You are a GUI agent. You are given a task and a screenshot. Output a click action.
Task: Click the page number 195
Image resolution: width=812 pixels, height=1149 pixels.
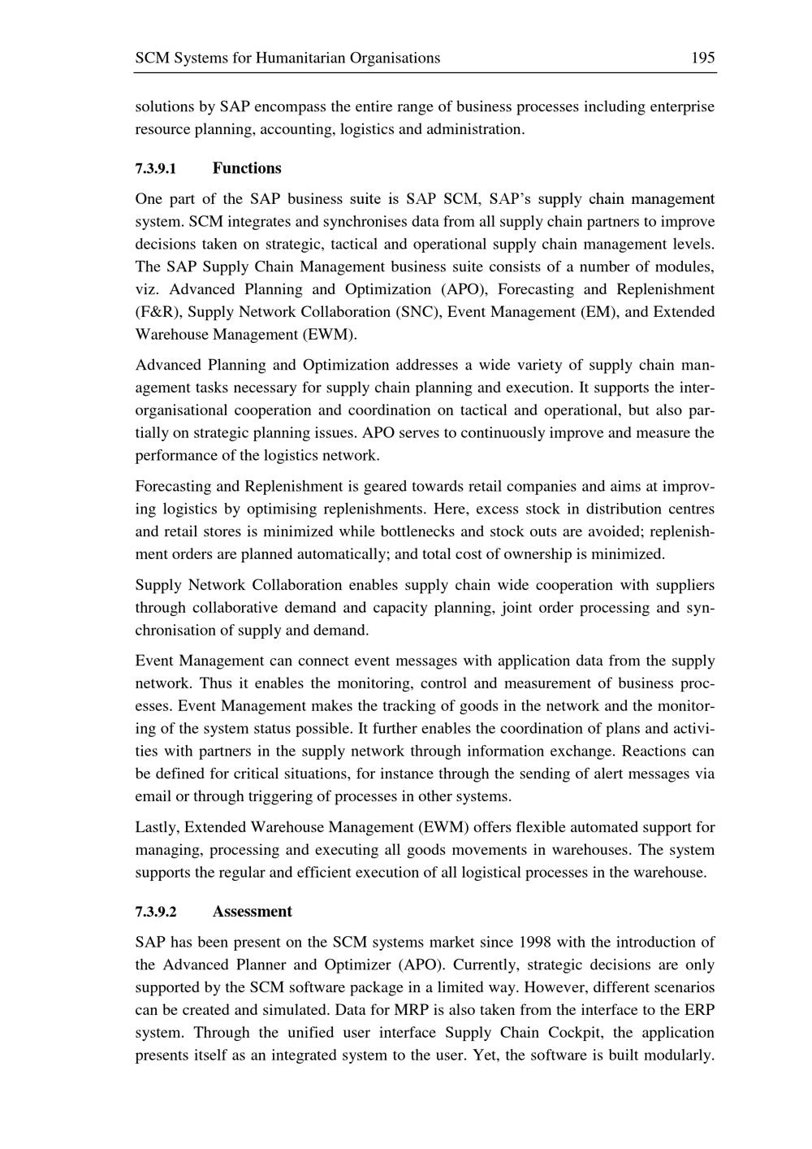702,58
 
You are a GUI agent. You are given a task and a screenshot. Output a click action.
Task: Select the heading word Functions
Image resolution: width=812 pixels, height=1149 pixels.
247,168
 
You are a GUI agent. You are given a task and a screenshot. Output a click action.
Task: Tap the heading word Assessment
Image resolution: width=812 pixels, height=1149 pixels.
252,911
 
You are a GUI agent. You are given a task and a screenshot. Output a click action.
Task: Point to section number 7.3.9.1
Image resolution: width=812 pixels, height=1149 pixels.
155,169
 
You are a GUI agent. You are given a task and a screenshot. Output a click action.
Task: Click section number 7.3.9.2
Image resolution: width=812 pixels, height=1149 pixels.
155,912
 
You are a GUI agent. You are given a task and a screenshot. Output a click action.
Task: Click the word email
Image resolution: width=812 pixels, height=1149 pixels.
153,796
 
